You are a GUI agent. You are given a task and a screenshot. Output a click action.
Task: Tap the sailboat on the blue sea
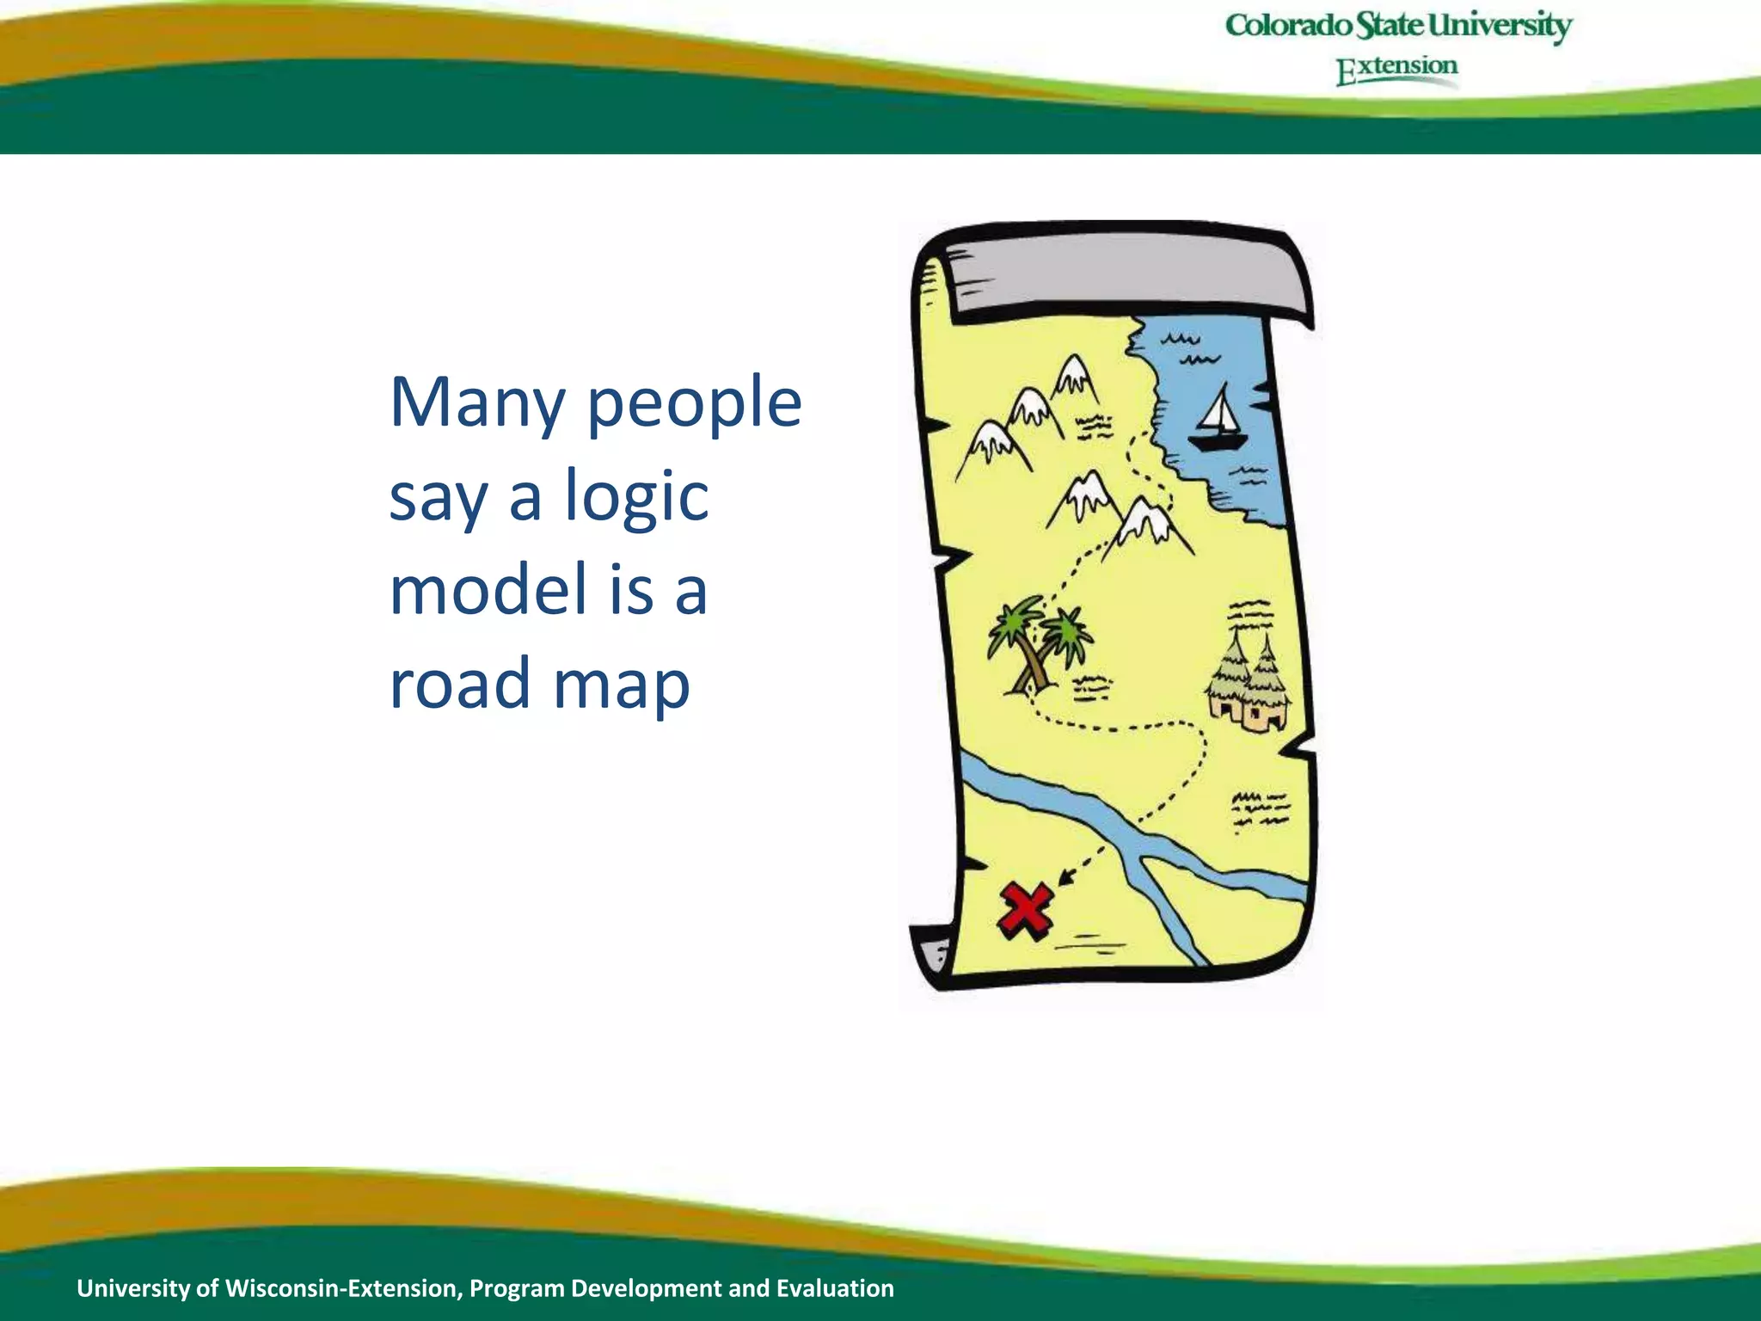(x=1218, y=421)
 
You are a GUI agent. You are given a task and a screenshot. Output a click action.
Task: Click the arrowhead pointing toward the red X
(x=1066, y=876)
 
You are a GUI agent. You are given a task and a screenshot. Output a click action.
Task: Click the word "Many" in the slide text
(x=477, y=402)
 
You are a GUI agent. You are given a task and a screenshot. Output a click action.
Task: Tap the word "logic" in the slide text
(x=636, y=497)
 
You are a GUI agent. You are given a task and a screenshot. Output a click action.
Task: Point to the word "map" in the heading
(x=621, y=685)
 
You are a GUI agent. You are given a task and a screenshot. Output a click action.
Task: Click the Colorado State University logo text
(x=1398, y=26)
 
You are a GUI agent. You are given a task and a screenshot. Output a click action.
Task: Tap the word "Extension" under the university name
(x=1396, y=69)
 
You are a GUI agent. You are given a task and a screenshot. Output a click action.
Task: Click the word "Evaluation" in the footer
(x=835, y=1288)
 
